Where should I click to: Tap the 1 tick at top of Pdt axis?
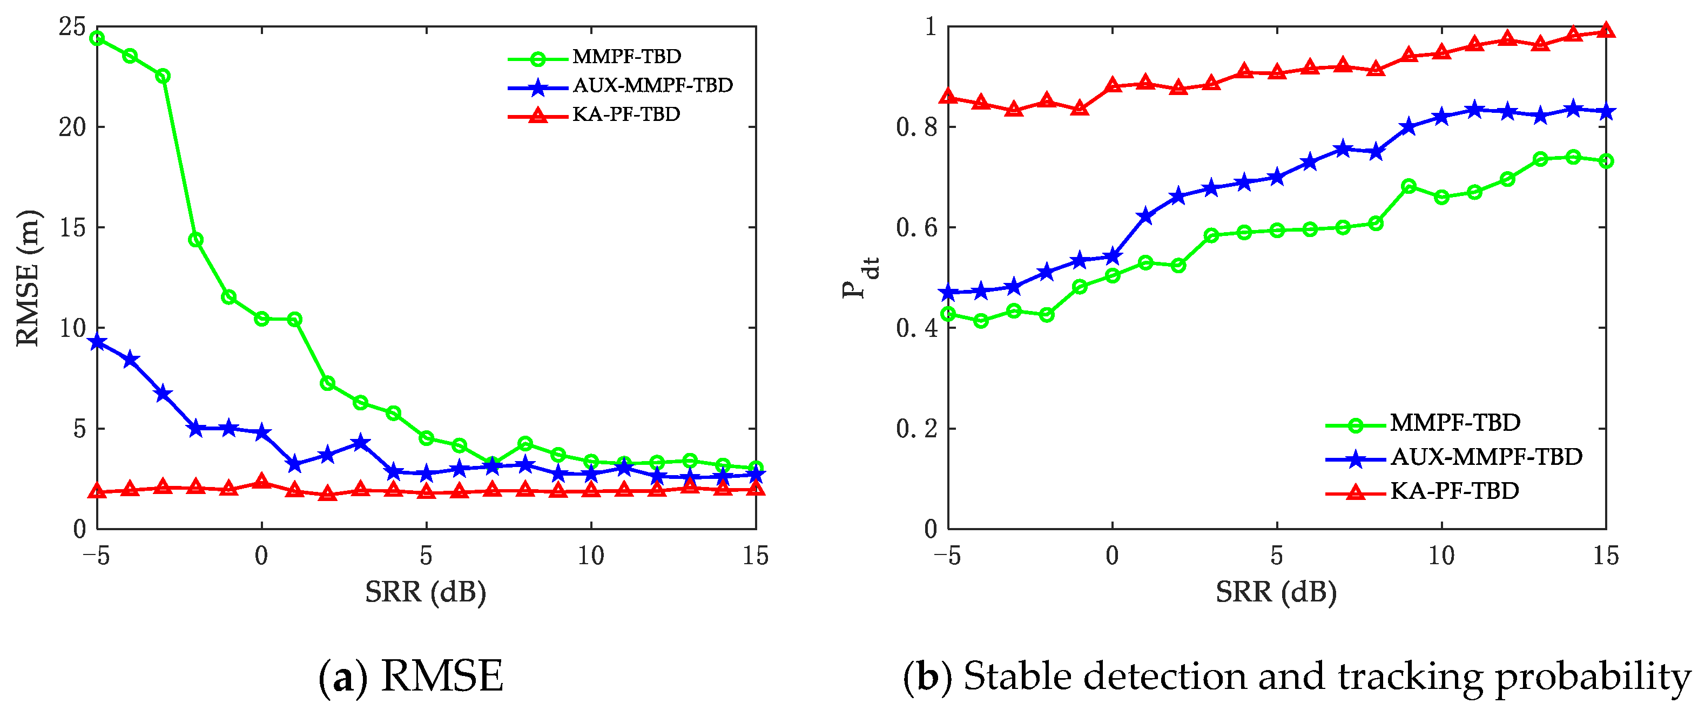931,27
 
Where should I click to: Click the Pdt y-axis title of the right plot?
860,278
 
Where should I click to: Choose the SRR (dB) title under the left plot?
426,592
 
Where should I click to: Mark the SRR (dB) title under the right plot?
1276,592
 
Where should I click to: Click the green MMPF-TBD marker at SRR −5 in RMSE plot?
97,38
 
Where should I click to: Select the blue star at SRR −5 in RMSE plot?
97,342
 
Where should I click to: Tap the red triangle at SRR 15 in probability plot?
1606,30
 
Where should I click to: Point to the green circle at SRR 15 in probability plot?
1606,161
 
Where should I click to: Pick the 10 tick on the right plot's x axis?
1441,556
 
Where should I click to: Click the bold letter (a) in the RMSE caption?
343,677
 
